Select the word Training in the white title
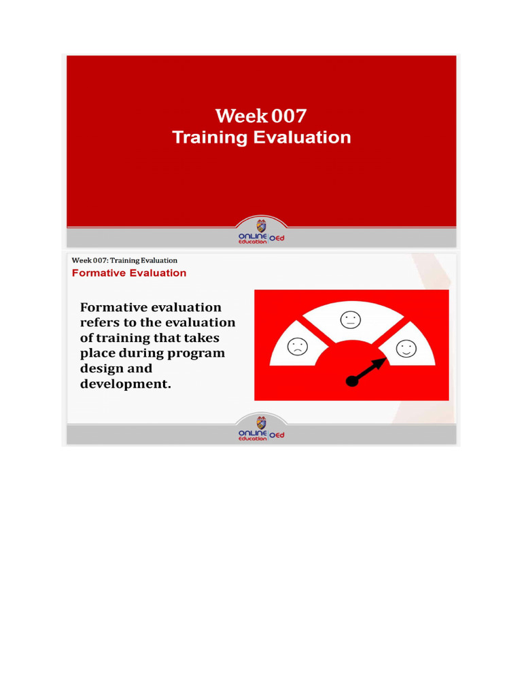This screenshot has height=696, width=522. pos(209,138)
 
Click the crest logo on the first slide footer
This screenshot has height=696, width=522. pos(261,226)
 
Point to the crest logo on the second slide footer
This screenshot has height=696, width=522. pos(261,423)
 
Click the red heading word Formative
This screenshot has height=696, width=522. pos(100,273)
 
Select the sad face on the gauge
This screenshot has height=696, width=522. pos(298,347)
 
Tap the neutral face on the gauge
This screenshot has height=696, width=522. pos(351,319)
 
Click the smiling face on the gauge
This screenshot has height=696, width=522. pos(406,349)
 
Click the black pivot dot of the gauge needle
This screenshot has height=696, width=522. pos(352,381)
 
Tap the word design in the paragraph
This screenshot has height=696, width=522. pos(103,368)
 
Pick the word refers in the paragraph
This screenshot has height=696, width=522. pos(102,323)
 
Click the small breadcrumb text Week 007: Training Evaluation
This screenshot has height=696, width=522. pos(124,260)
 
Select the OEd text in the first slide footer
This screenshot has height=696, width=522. pos(277,237)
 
